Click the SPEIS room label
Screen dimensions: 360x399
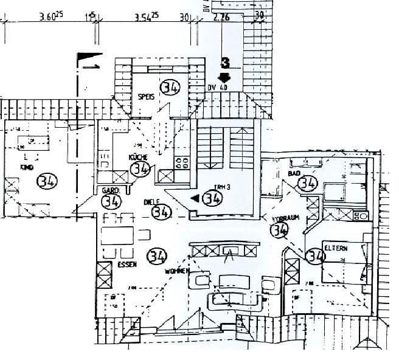click(145, 96)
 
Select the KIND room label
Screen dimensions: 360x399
click(27, 167)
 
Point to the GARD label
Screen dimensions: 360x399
click(109, 190)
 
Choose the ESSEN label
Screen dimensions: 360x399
click(127, 265)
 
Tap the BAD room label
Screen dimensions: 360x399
click(295, 173)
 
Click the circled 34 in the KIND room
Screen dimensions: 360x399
click(46, 181)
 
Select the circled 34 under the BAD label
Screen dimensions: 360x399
click(308, 183)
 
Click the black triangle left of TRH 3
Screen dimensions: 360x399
click(195, 198)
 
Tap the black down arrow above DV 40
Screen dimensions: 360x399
click(224, 77)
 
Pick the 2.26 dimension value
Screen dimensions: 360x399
click(221, 18)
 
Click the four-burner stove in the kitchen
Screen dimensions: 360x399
click(181, 162)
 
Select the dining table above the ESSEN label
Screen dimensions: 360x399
click(118, 234)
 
